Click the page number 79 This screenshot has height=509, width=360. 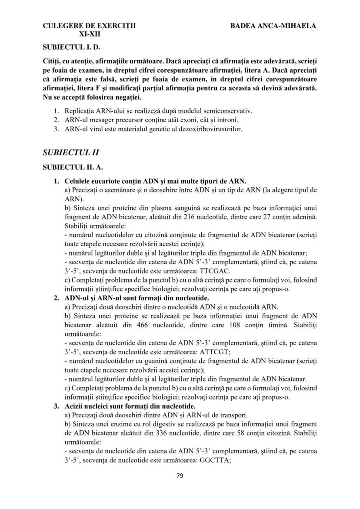coord(180,476)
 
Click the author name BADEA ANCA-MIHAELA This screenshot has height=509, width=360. coord(273,26)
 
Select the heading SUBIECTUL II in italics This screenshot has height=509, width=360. coord(71,152)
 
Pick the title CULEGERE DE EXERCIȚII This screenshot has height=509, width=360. coord(89,26)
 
